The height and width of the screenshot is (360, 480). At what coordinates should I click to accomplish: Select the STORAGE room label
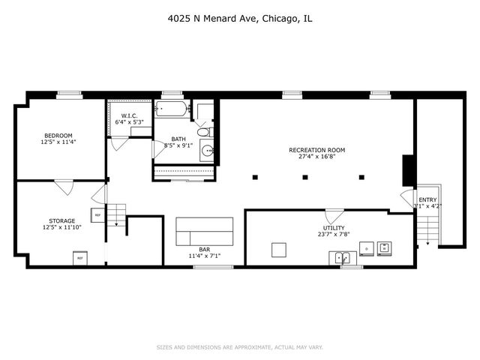pyautogui.click(x=58, y=221)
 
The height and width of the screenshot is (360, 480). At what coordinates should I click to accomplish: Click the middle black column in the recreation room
pyautogui.click(x=304, y=177)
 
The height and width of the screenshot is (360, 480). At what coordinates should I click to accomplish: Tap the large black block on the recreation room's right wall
pyautogui.click(x=409, y=170)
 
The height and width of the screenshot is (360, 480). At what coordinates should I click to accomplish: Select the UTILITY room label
pyautogui.click(x=333, y=227)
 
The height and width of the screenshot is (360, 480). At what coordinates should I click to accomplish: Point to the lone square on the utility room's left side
pyautogui.click(x=279, y=249)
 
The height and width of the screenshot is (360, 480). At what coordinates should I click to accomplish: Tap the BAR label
pyautogui.click(x=204, y=249)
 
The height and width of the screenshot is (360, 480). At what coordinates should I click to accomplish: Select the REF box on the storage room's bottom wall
pyautogui.click(x=79, y=259)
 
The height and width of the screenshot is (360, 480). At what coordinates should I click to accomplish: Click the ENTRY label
pyautogui.click(x=427, y=199)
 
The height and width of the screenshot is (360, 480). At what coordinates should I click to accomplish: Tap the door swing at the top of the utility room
pyautogui.click(x=334, y=215)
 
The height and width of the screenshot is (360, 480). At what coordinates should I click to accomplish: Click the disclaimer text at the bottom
pyautogui.click(x=239, y=347)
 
